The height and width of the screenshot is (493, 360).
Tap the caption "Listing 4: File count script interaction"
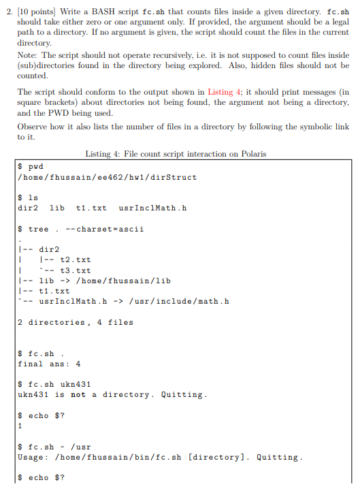click(x=176, y=154)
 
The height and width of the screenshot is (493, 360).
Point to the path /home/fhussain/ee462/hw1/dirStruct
click(x=107, y=177)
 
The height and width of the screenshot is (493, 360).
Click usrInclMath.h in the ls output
click(x=152, y=208)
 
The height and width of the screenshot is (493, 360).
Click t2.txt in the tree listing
click(x=76, y=259)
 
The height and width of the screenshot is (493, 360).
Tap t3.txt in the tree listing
click(x=76, y=270)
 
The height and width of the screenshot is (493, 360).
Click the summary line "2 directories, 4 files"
click(x=76, y=322)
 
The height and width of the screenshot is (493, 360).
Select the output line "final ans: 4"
click(x=49, y=364)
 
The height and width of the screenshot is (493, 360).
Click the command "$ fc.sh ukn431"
click(x=54, y=384)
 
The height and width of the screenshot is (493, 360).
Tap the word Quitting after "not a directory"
click(x=182, y=394)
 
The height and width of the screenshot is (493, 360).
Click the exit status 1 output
click(x=20, y=426)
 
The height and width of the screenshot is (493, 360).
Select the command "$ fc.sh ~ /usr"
click(x=54, y=447)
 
